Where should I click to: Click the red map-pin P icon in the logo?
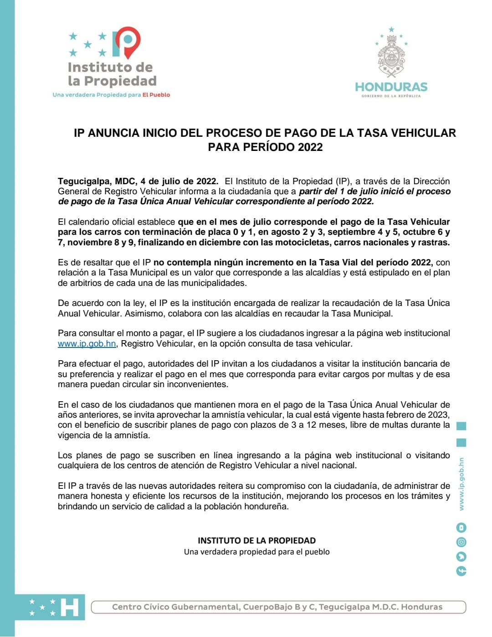(x=127, y=42)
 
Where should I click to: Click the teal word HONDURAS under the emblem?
(x=391, y=87)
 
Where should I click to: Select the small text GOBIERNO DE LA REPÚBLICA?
(x=391, y=96)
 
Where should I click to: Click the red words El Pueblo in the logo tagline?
(x=156, y=95)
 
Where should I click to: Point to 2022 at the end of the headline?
(x=310, y=147)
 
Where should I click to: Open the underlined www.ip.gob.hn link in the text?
(x=87, y=344)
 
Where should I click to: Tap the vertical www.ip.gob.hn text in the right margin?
(x=461, y=484)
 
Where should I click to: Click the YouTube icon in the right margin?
(x=461, y=528)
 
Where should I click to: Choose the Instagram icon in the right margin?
(x=461, y=542)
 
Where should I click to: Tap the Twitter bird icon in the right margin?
(x=461, y=556)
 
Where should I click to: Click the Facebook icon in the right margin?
(x=461, y=571)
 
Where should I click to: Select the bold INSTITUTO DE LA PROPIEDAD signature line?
(x=256, y=540)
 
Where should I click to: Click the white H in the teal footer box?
(x=70, y=607)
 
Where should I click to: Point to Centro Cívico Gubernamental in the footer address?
(x=175, y=607)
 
